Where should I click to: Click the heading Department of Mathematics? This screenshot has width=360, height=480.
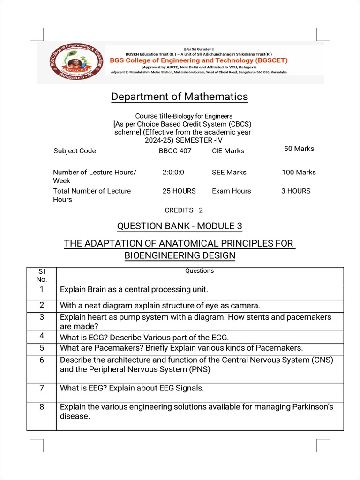pos(180,97)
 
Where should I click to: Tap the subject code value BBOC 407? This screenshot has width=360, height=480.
pos(175,151)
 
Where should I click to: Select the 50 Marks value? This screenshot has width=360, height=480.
pos(299,149)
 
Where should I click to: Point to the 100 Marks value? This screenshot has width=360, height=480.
pos(299,172)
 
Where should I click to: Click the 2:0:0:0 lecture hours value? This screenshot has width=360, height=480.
pos(173,172)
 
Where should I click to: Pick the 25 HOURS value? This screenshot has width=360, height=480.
pos(179,191)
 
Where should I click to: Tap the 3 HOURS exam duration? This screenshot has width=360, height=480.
pos(296,191)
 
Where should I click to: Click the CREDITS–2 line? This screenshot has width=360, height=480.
pos(184,210)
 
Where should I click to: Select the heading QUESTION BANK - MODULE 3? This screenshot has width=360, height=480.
pos(180,226)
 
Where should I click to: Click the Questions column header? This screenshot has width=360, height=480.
pos(199,271)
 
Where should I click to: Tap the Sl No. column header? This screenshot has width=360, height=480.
pos(42,275)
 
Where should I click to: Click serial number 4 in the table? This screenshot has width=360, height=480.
pos(42,336)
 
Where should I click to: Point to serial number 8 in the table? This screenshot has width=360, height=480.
pos(42,407)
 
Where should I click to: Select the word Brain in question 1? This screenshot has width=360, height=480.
pos(97,289)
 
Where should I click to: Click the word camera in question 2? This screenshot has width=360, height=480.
pos(243,306)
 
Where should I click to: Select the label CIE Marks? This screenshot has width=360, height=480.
pos(228,151)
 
